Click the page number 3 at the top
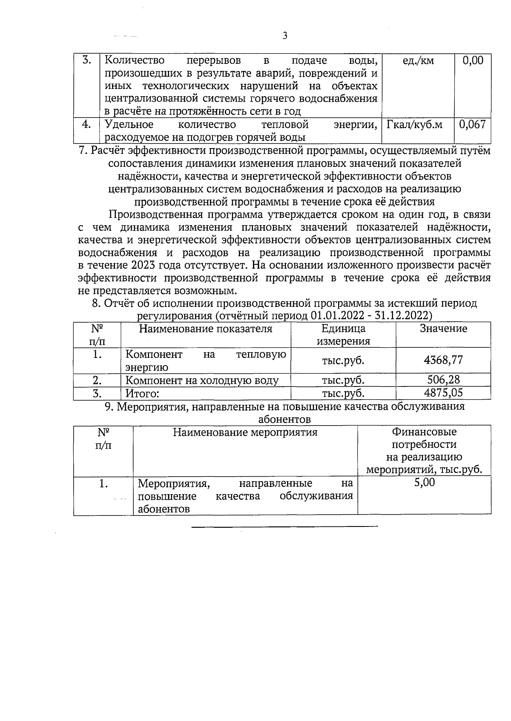coord(285,36)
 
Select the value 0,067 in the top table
coord(473,125)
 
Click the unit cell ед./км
coord(418,61)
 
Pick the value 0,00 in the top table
coord(473,61)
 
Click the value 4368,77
coord(443,360)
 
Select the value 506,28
coord(443,380)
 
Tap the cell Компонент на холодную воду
coord(202,381)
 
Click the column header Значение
coord(443,329)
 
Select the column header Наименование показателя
coord(205,329)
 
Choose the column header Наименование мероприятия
coord(245,432)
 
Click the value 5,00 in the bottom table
coord(424,483)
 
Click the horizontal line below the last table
coord(284,527)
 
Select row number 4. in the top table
coord(86,124)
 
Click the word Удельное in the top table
coord(129,125)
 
